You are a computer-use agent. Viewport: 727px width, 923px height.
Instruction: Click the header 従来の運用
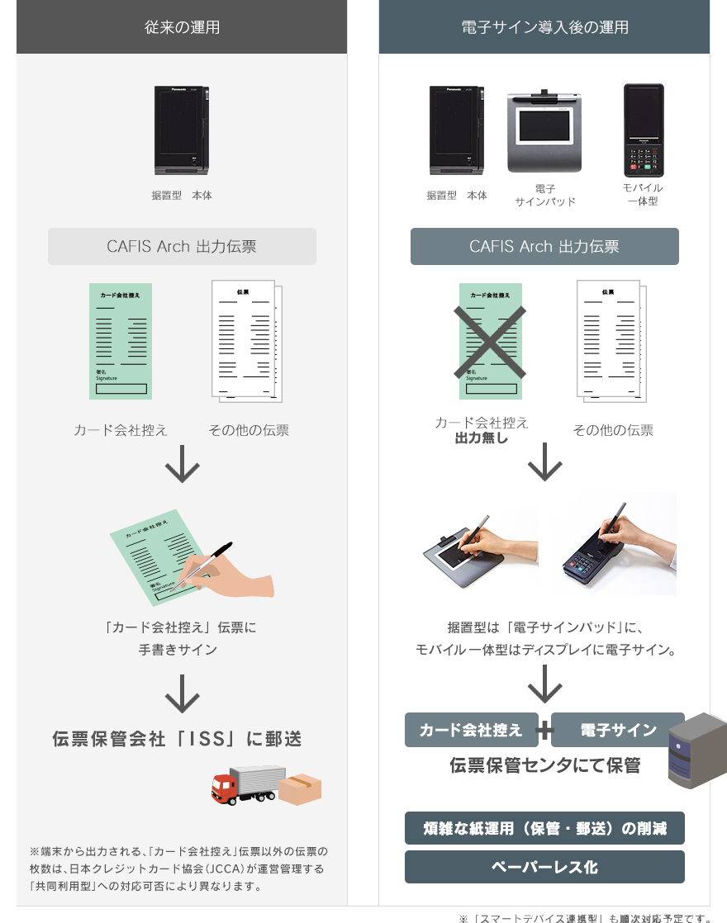click(182, 27)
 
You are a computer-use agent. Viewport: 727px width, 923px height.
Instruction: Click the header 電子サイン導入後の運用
click(544, 27)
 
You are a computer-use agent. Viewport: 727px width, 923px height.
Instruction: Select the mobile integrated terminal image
click(644, 130)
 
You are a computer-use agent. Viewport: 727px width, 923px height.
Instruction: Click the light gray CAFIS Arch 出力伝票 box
click(182, 246)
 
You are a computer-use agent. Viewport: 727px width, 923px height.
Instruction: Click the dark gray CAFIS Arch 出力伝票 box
click(544, 246)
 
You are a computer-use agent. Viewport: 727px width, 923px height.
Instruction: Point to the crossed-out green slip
click(491, 341)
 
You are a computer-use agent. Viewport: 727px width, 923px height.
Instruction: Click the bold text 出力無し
click(482, 438)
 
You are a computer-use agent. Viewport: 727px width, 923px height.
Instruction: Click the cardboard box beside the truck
click(299, 789)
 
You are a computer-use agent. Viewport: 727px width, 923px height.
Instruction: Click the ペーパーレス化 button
click(544, 867)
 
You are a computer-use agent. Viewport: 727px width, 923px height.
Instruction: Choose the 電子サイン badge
click(618, 730)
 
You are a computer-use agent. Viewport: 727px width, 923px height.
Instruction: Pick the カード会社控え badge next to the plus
click(471, 730)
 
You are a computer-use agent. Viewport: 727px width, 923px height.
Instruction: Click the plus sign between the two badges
click(544, 731)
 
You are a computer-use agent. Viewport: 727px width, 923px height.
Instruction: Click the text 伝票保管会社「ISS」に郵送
click(177, 738)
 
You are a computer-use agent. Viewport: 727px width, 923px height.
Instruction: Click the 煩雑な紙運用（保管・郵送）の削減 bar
click(544, 828)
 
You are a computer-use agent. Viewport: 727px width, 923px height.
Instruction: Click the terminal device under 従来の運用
click(183, 130)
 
